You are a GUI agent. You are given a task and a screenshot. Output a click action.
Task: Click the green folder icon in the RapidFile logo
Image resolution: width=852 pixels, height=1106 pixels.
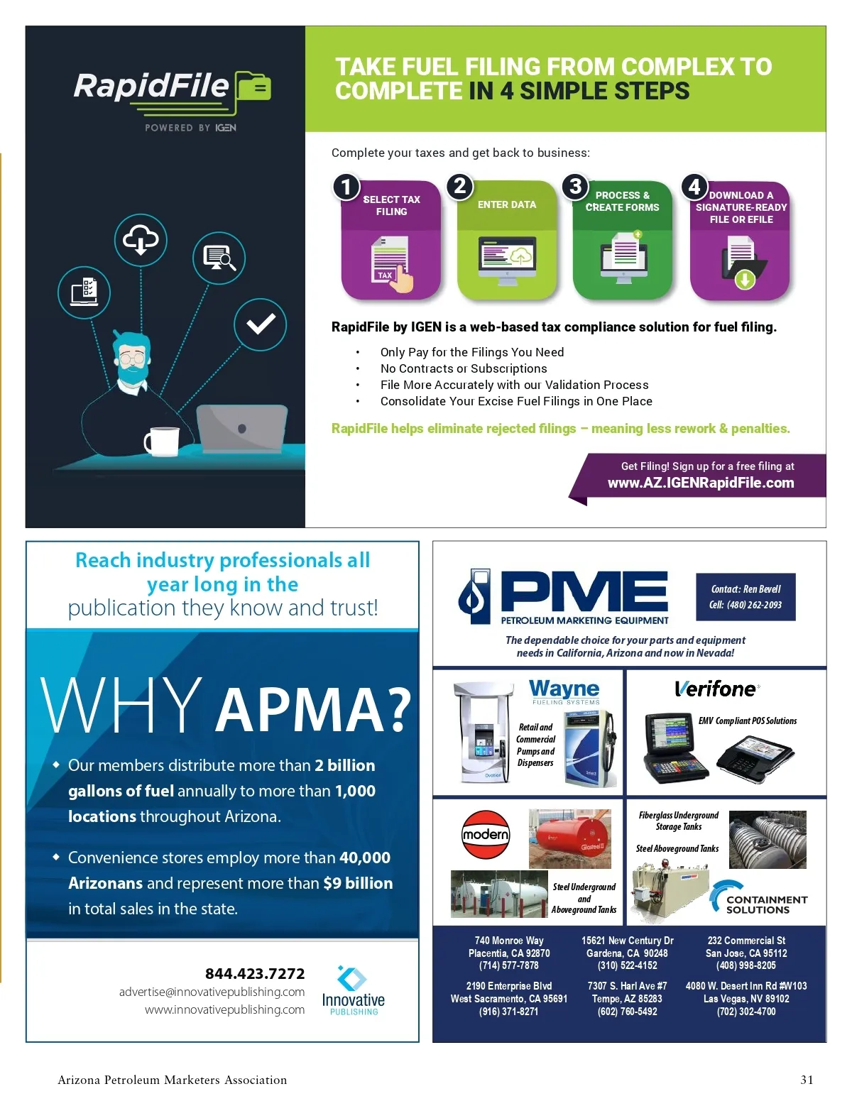click(253, 86)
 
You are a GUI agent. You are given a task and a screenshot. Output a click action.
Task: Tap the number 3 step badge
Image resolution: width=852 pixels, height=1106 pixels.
click(575, 186)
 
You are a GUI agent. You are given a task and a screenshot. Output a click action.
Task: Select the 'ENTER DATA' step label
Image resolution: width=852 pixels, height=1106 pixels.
click(506, 204)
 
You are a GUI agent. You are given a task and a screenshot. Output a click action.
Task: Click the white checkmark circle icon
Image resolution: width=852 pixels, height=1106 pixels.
click(260, 324)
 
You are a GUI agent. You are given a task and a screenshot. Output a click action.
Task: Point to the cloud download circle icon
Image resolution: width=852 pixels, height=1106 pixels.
click(141, 240)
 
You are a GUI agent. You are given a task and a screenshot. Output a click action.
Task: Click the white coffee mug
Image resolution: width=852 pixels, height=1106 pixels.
click(162, 441)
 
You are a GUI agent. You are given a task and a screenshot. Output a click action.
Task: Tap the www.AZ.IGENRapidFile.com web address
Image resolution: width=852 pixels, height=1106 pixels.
click(700, 483)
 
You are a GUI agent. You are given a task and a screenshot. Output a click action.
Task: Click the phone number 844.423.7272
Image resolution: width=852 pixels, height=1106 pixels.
click(254, 974)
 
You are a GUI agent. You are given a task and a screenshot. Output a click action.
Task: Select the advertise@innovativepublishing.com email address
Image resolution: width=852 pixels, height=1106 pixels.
click(212, 992)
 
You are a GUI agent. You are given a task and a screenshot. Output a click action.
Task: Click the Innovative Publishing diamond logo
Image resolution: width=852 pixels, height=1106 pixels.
click(351, 978)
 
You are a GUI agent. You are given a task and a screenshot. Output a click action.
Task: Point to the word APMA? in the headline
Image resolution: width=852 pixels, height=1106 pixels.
click(313, 709)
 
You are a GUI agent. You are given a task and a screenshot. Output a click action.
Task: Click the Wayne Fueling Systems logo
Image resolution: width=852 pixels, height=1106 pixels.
click(564, 692)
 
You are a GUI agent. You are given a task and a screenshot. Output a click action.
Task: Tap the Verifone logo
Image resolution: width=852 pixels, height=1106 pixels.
click(716, 689)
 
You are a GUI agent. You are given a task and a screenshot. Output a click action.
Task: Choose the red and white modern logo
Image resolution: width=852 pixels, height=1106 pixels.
click(486, 835)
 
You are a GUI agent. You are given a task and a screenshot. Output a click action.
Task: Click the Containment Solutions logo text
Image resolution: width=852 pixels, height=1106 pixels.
click(767, 904)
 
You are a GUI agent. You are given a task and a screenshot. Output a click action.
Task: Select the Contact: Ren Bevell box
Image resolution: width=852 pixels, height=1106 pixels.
click(745, 596)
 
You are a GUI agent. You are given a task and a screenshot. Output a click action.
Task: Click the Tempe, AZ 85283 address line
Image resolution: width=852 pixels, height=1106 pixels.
click(627, 999)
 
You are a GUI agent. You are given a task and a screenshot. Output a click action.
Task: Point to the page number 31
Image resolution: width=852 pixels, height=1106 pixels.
click(807, 1080)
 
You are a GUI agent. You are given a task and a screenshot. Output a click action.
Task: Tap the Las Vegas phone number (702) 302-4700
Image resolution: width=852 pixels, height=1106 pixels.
click(746, 1012)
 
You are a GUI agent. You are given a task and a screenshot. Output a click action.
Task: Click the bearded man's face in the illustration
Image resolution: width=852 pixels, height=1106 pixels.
click(132, 358)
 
